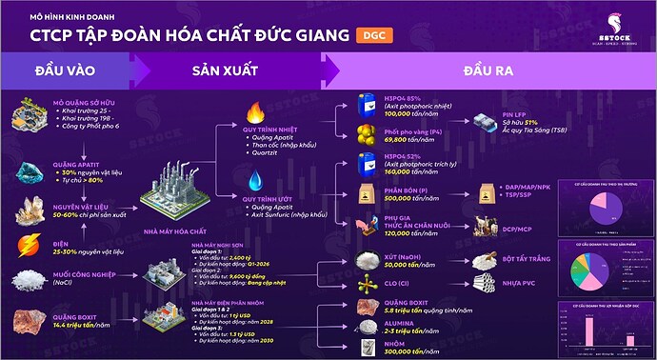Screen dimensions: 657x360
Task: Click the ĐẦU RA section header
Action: click(489, 72)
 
